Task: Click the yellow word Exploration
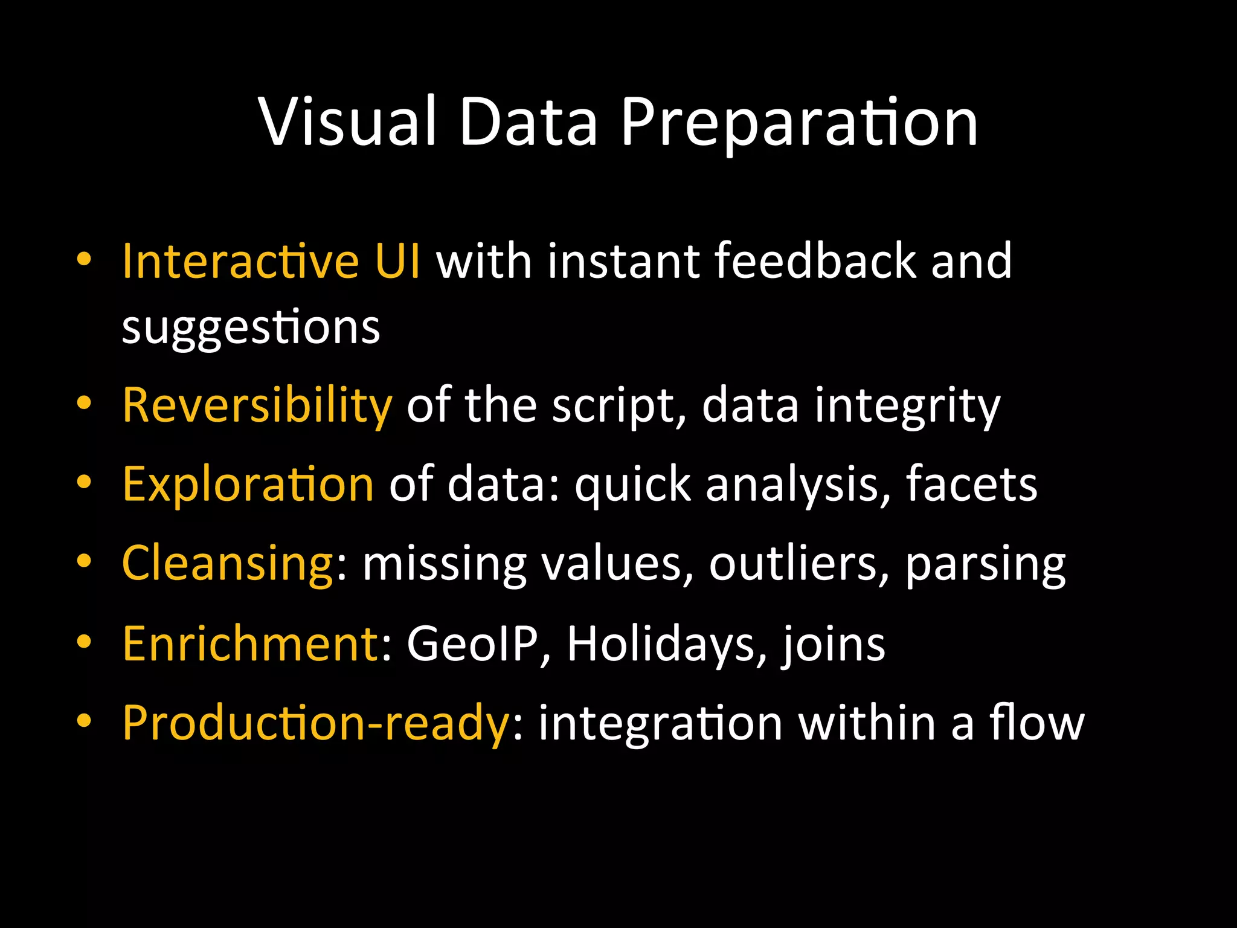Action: click(248, 485)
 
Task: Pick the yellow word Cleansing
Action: click(227, 563)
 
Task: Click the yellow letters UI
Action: click(397, 261)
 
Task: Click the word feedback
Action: click(815, 261)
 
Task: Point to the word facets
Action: click(971, 485)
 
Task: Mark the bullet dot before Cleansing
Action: click(84, 561)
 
